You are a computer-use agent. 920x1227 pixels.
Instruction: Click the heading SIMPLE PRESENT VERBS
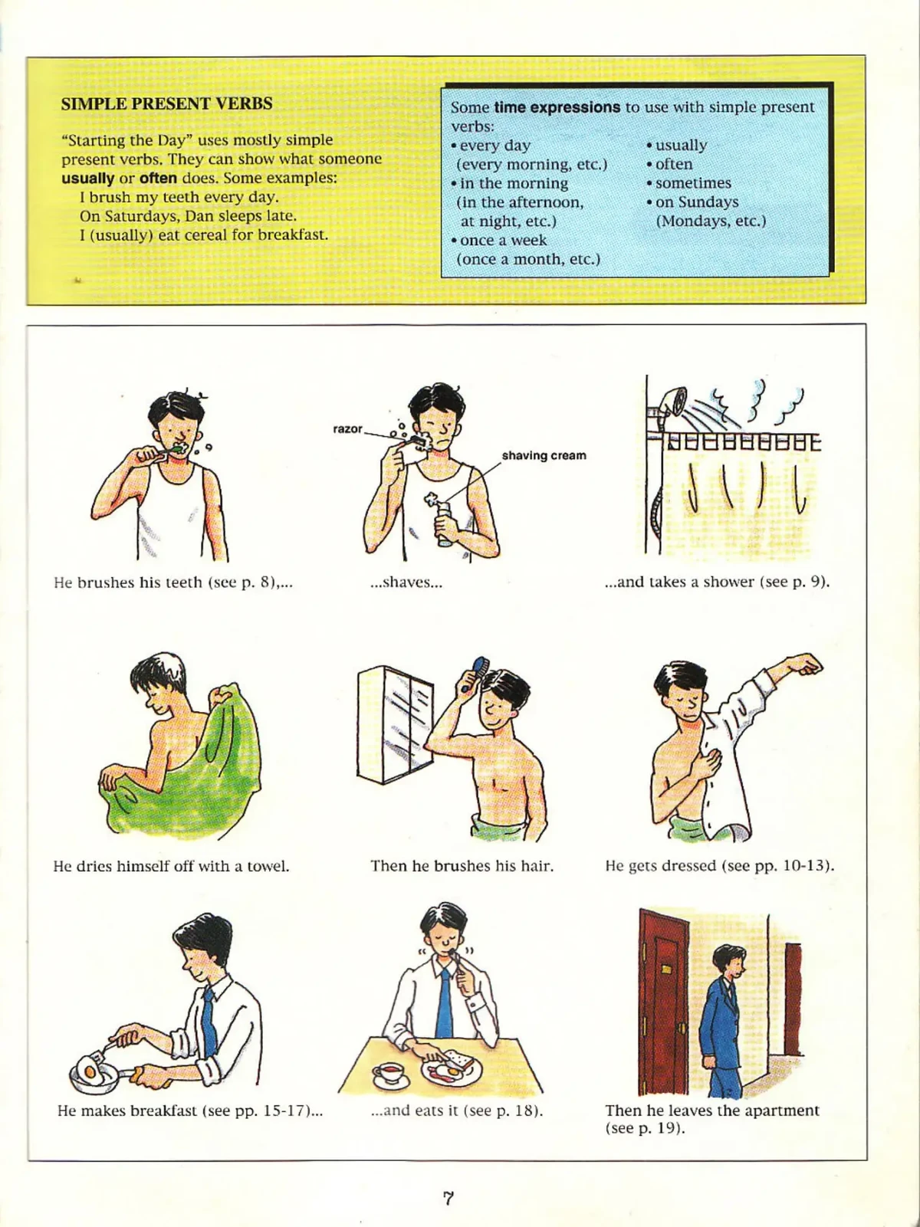click(166, 104)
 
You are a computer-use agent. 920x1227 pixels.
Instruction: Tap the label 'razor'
click(347, 428)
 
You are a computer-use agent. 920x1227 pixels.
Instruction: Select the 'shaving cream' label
click(544, 455)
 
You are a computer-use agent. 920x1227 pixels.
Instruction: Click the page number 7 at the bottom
click(449, 1198)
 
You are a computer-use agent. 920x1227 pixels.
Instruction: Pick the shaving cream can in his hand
click(443, 521)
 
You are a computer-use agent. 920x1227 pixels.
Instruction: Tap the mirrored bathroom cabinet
click(395, 724)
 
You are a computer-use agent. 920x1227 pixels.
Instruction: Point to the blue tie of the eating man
click(445, 1002)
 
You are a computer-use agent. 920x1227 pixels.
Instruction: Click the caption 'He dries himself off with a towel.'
click(171, 867)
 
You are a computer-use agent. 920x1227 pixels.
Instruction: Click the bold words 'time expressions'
click(557, 107)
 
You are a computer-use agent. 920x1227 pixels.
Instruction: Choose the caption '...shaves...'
click(406, 582)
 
